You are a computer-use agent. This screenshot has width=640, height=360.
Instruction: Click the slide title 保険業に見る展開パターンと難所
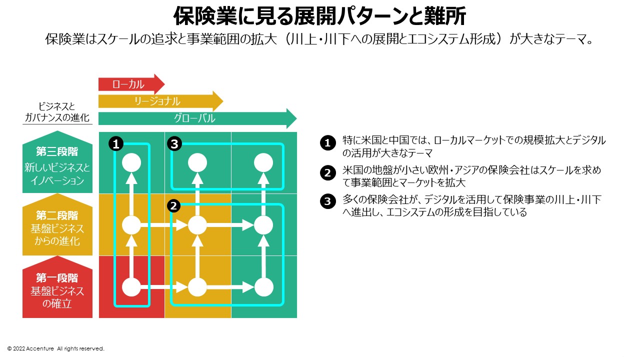pyautogui.click(x=319, y=16)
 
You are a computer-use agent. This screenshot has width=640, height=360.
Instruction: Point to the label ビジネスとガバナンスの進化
pyautogui.click(x=57, y=112)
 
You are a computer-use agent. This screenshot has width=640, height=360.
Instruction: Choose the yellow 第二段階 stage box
pyautogui.click(x=57, y=227)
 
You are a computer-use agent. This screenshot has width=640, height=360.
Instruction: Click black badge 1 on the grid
pyautogui.click(x=115, y=144)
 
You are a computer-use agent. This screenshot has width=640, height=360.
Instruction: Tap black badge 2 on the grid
pyautogui.click(x=173, y=205)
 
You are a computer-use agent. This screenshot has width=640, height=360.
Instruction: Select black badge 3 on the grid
pyautogui.click(x=173, y=144)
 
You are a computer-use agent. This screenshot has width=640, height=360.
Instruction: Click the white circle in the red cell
pyautogui.click(x=131, y=287)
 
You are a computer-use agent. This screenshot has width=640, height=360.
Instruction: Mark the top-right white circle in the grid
pyautogui.click(x=263, y=163)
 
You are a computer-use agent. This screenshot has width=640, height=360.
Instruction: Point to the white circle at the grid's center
pyautogui.click(x=197, y=225)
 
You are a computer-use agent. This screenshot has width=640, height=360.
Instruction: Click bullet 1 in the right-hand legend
pyautogui.click(x=327, y=143)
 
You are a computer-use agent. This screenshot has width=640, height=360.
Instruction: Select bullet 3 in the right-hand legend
pyautogui.click(x=327, y=201)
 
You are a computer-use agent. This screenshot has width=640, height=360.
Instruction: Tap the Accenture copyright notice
pyautogui.click(x=55, y=348)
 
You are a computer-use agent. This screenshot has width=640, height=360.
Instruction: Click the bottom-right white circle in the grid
pyautogui.click(x=263, y=287)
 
